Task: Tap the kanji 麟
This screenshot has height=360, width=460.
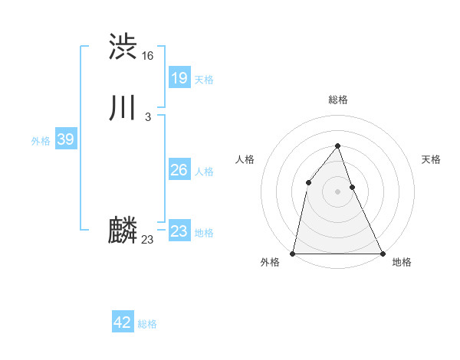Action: point(123,230)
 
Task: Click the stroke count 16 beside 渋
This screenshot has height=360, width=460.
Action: point(148,56)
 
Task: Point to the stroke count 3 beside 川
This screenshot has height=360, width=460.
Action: point(148,117)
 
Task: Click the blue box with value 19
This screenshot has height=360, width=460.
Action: point(179,77)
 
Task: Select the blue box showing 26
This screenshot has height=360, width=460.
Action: point(179,170)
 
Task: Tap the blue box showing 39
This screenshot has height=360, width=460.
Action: point(66,139)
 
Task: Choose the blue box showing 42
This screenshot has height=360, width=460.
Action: point(123,322)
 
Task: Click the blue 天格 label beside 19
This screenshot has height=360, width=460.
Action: point(204,80)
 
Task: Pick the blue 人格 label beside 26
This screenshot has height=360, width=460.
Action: point(204,172)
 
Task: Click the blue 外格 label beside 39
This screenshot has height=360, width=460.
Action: point(41,141)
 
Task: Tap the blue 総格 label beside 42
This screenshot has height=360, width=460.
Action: point(147,324)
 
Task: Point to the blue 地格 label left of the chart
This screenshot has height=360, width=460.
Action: point(204,233)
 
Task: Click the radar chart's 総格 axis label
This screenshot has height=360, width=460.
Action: point(338,100)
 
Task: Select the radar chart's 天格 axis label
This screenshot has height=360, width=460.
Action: point(431,159)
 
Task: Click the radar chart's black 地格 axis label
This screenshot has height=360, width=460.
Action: point(402,262)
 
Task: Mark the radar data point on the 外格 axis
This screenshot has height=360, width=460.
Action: point(293,253)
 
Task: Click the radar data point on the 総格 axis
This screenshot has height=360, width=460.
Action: point(337,145)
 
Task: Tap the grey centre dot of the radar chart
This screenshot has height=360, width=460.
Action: point(337,191)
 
